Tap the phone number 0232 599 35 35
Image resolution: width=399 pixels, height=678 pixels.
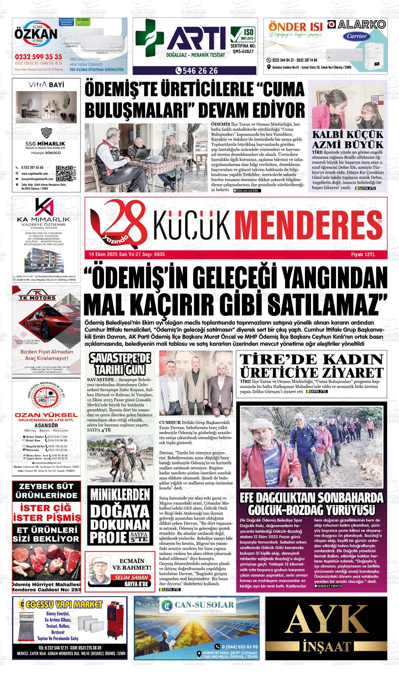(38, 57)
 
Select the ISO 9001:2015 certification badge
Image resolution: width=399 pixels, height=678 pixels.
(243, 35)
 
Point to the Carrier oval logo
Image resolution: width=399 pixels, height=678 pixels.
(357, 36)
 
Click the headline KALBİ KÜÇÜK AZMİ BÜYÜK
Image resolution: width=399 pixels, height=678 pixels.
(348, 140)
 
